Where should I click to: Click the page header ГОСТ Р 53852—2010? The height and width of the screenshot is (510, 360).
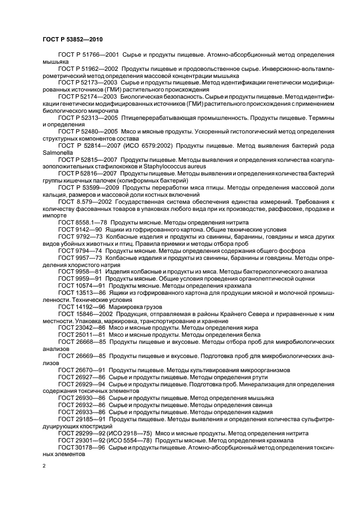72,40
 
